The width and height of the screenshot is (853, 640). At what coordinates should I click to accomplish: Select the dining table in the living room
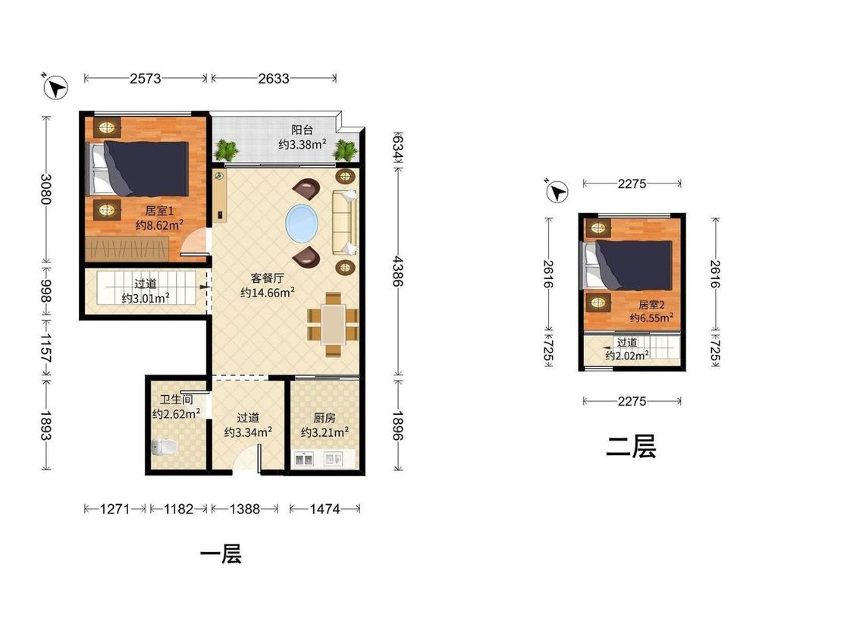click(333, 325)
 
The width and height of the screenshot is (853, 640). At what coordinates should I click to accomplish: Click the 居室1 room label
click(159, 211)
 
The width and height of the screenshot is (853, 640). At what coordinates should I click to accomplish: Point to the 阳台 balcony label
click(302, 130)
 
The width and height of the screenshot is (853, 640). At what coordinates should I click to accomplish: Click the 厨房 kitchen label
click(325, 418)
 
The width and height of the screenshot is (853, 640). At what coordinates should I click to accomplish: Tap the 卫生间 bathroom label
click(176, 400)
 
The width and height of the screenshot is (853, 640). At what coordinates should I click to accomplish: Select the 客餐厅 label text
click(267, 278)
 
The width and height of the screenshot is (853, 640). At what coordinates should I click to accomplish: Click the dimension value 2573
click(146, 78)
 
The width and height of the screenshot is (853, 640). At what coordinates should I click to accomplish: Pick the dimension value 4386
click(398, 271)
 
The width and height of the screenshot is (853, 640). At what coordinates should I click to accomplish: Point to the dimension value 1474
click(325, 509)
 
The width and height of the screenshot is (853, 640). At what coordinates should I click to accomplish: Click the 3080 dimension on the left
click(46, 189)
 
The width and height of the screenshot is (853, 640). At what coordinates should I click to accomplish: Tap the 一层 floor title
click(221, 554)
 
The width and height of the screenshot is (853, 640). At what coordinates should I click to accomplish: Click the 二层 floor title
click(631, 447)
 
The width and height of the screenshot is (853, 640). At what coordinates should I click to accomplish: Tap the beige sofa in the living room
click(345, 222)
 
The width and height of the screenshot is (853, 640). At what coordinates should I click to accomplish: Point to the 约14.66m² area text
click(268, 293)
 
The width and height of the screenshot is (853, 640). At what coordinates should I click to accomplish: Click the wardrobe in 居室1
click(127, 248)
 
